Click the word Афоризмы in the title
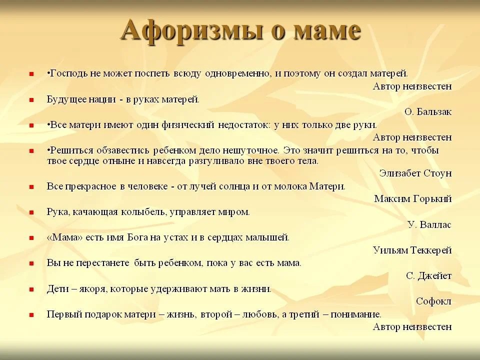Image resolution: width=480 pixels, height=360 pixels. click(191, 31)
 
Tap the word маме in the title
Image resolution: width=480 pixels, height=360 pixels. click(326, 30)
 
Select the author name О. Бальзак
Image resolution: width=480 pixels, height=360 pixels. click(427, 111)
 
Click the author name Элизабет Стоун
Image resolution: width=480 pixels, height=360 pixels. click(415, 173)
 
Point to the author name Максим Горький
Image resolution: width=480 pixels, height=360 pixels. click(412, 199)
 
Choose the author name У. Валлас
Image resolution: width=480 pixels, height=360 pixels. click(429, 224)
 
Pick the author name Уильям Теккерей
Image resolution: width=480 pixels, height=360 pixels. click(412, 250)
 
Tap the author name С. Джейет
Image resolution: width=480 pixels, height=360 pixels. click(428, 276)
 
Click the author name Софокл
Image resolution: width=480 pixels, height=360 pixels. click(433, 301)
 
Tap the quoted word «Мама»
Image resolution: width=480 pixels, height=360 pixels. click(64, 237)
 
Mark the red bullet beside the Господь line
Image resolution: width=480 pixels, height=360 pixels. click(31, 74)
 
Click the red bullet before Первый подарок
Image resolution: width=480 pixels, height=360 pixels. click(31, 314)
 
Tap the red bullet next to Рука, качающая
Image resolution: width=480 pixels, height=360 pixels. click(31, 212)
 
